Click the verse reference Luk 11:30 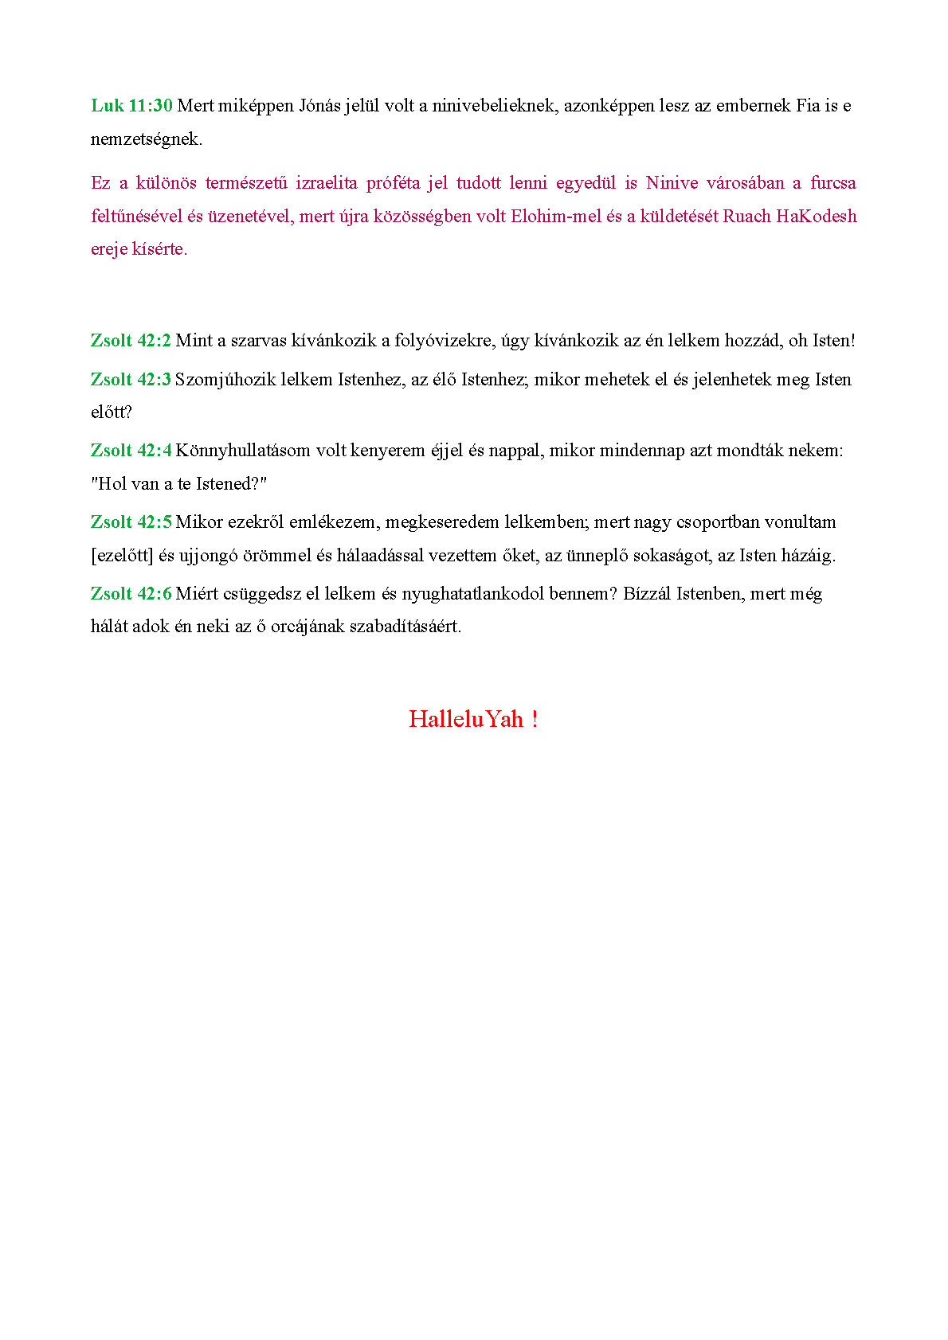point(131,106)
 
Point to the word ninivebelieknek point(492,106)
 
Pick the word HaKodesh point(817,217)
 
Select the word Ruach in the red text point(746,217)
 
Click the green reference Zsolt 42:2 point(131,341)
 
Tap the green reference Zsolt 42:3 point(131,380)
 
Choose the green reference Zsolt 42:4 point(131,451)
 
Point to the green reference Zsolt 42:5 point(131,522)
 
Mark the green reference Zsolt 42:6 point(131,594)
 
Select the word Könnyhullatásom point(243,451)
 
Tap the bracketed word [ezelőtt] point(122,556)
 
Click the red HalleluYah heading point(473,719)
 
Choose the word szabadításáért point(405,627)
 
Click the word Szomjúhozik point(225,380)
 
